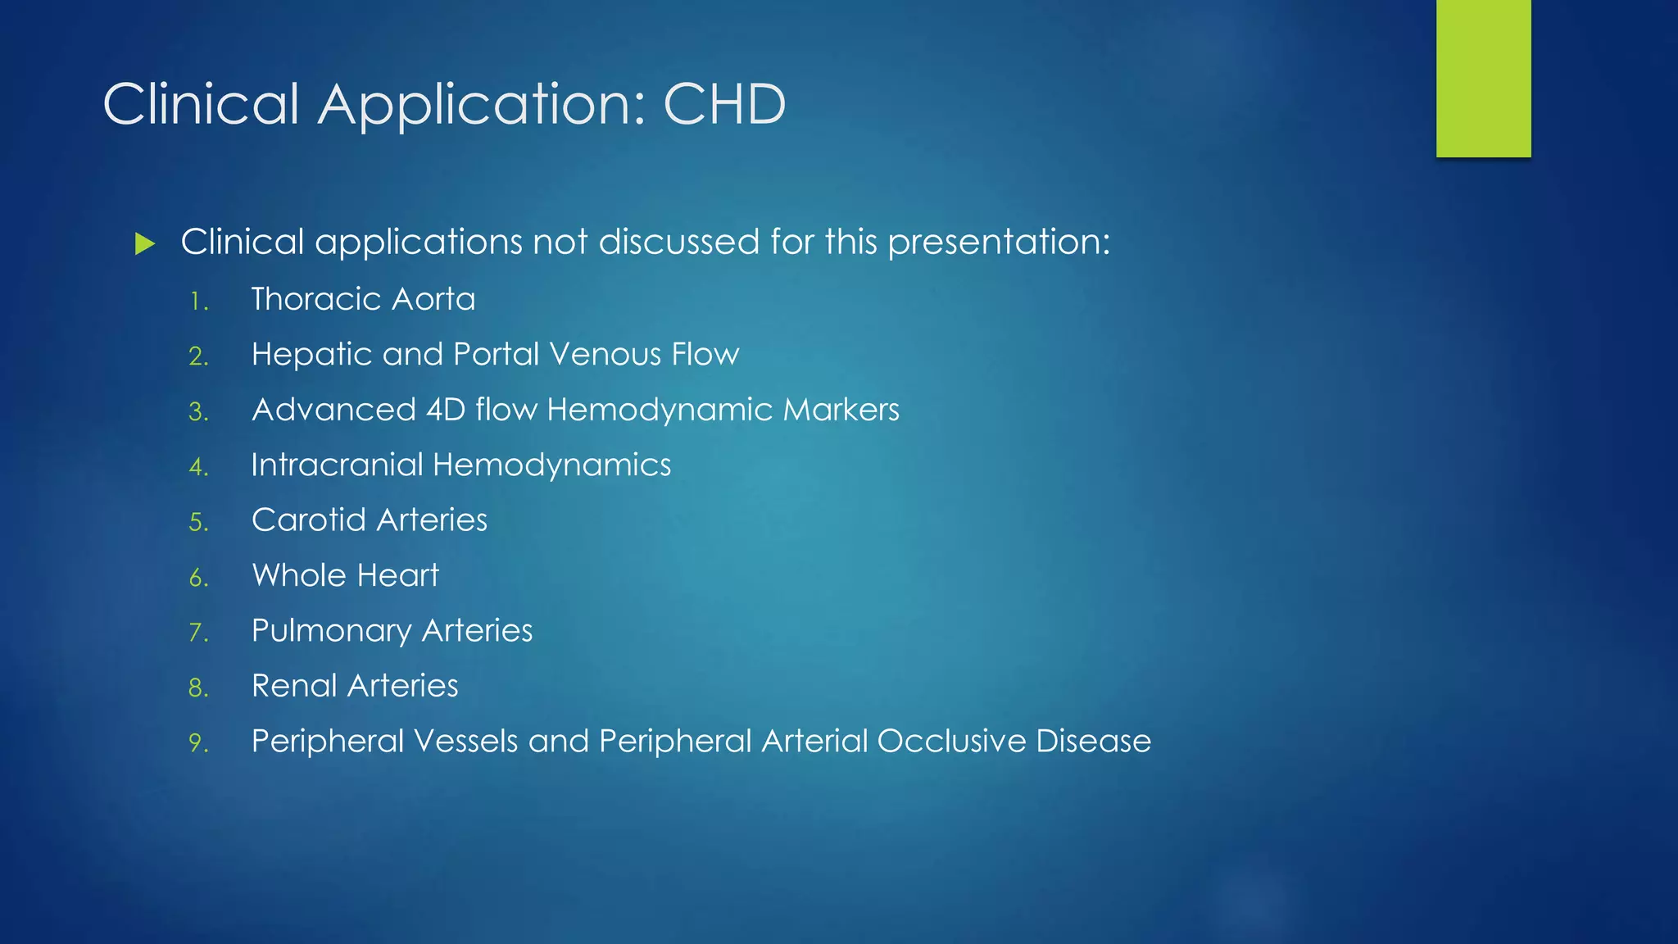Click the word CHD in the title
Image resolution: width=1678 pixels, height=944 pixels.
[724, 105]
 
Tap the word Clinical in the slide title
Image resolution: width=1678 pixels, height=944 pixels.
[202, 105]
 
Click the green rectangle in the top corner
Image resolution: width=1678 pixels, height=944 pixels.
[1483, 78]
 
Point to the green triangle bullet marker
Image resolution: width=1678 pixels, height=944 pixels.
[145, 243]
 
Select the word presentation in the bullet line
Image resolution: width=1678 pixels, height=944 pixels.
[999, 243]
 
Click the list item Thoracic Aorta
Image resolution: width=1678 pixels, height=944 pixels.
[363, 299]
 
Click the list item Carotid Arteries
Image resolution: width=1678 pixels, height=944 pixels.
[370, 520]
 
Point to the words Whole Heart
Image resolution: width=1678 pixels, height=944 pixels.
[345, 575]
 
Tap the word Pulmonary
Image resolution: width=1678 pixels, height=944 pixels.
[331, 631]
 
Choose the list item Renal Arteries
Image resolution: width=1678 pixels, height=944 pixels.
[355, 686]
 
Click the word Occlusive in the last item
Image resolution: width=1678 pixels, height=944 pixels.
[951, 741]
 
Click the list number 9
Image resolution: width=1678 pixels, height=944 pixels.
[197, 743]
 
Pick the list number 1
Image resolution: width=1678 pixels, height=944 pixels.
[197, 302]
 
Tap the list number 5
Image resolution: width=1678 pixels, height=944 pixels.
[197, 523]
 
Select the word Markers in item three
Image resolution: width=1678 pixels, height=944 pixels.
[841, 410]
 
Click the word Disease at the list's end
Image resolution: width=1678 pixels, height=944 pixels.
[1093, 741]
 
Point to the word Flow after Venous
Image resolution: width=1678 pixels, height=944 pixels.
[705, 355]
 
